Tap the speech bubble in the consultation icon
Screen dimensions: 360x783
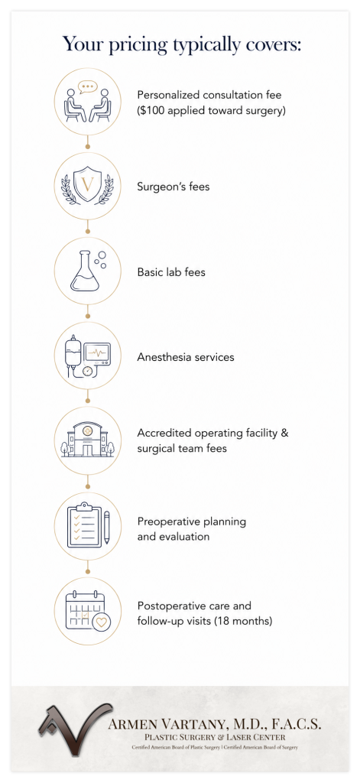pyautogui.click(x=87, y=87)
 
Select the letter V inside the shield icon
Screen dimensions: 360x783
pyautogui.click(x=87, y=185)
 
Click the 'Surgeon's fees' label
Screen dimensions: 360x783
pyautogui.click(x=174, y=187)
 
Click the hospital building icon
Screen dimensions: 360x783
pyautogui.click(x=87, y=440)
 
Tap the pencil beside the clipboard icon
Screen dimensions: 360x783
pyautogui.click(x=106, y=528)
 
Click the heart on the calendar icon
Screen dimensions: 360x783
pyautogui.click(x=102, y=623)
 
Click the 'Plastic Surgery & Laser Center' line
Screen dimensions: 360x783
pyautogui.click(x=215, y=737)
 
